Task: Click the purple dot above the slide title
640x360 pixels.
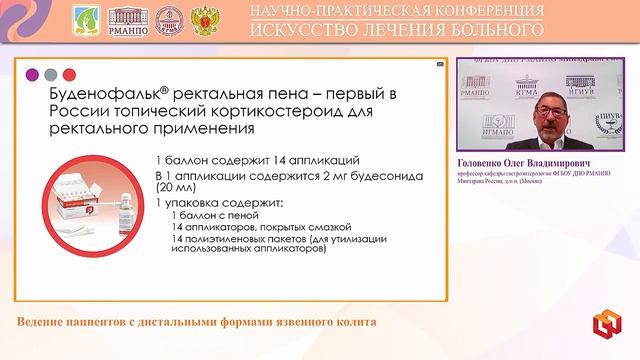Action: (x=33, y=74)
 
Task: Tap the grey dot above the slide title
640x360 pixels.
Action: (x=51, y=74)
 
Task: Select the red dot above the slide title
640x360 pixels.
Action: (x=69, y=74)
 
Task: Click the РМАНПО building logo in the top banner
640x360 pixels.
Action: (x=130, y=19)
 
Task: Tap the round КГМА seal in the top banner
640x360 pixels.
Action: (x=173, y=19)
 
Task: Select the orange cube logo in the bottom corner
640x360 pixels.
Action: (x=604, y=325)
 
